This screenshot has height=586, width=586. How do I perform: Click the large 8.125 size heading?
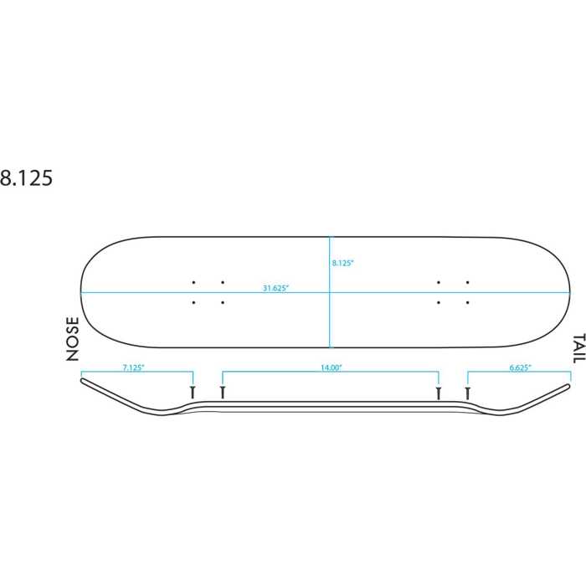click(26, 177)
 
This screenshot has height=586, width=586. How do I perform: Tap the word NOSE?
click(73, 339)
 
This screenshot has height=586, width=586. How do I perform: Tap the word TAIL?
click(578, 348)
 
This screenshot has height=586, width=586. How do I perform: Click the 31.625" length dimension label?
click(275, 288)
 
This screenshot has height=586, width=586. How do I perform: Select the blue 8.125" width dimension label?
click(342, 263)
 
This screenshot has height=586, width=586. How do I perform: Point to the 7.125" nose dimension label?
click(133, 368)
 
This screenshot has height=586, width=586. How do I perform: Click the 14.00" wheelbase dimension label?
click(332, 368)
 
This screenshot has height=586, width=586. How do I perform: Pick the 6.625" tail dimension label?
click(520, 368)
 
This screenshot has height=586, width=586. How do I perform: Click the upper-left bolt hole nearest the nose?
click(193, 283)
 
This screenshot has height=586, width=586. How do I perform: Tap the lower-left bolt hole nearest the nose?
click(193, 302)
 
